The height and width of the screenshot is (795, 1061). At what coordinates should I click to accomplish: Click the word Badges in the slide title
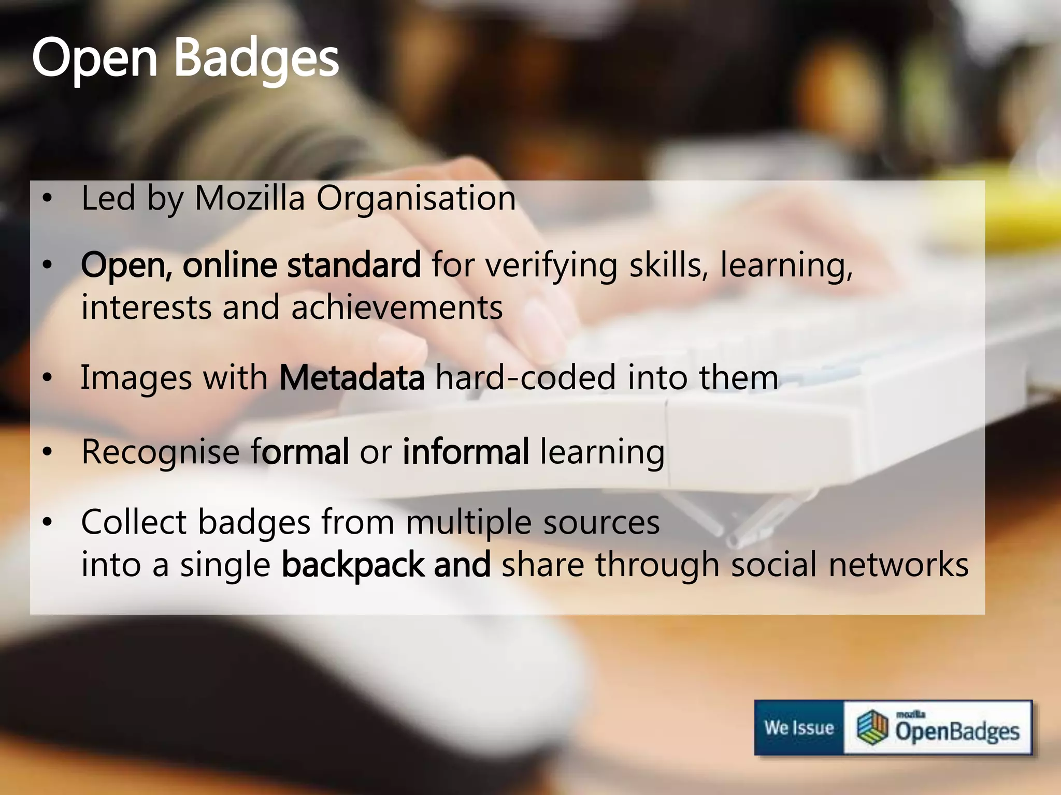(x=256, y=58)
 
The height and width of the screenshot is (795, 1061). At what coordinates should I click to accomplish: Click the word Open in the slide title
(x=94, y=59)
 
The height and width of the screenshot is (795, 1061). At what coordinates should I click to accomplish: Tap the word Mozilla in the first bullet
(x=249, y=198)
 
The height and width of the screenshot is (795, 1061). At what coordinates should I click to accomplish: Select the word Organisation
(x=416, y=199)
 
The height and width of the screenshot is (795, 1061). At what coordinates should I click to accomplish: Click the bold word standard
(x=354, y=265)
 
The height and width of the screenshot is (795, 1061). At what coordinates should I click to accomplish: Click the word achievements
(x=397, y=307)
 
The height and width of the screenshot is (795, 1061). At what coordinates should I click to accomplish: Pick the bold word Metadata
(x=352, y=377)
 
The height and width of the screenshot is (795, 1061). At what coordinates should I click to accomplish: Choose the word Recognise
(x=160, y=452)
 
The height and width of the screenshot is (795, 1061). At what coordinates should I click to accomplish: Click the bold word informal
(x=466, y=451)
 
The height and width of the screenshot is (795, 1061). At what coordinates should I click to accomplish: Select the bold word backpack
(x=352, y=565)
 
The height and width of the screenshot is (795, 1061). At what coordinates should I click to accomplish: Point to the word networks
(x=898, y=564)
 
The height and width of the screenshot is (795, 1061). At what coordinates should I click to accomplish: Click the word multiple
(x=468, y=522)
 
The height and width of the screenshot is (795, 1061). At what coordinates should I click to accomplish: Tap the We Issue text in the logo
(x=799, y=728)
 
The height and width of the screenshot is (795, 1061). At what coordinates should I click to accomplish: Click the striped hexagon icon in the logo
(x=872, y=727)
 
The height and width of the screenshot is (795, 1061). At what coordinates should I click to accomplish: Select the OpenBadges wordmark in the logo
(x=957, y=731)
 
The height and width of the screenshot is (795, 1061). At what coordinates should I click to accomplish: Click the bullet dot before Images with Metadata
(x=48, y=377)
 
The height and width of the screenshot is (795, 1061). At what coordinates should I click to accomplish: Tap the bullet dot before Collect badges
(x=48, y=522)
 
